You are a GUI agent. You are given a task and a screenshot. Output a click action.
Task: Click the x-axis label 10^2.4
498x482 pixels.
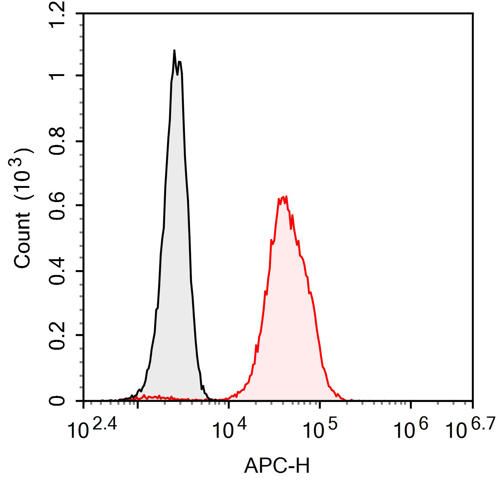point(92,428)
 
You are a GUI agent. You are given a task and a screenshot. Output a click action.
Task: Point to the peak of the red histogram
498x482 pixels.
point(286,197)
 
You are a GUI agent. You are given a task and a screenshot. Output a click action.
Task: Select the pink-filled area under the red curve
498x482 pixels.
point(287,309)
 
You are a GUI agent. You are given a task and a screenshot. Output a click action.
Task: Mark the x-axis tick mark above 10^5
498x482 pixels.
point(320,404)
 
